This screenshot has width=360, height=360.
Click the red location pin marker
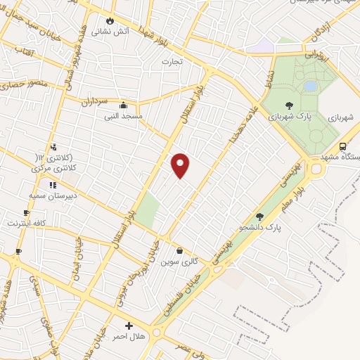tap(181, 165)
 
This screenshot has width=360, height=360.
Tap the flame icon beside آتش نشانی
tap(110, 20)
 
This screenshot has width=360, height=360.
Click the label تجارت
tap(172, 62)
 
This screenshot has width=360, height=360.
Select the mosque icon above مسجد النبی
tap(123, 104)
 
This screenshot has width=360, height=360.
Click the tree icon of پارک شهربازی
tap(289, 105)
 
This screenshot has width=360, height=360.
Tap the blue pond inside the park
tap(310, 86)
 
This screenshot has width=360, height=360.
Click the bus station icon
tap(342, 146)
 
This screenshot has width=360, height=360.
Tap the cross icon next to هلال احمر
tap(129, 326)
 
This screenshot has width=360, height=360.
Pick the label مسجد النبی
tap(123, 115)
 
